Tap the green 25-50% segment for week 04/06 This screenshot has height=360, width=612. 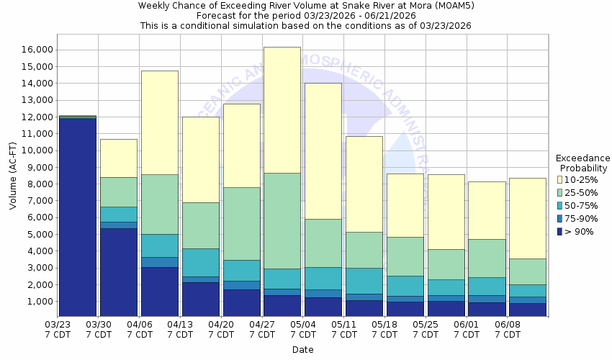point(159,204)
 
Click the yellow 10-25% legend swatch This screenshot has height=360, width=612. point(560,179)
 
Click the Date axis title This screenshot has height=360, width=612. point(302,350)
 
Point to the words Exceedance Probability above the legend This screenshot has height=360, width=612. point(583,163)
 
